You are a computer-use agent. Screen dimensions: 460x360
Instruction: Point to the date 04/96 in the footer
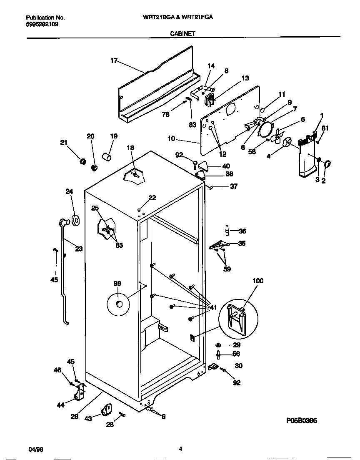click(36, 449)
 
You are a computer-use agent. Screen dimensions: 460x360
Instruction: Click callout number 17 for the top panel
click(114, 60)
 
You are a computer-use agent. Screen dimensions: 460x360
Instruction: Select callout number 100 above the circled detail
click(258, 281)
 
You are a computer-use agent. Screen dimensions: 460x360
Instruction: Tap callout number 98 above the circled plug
click(117, 284)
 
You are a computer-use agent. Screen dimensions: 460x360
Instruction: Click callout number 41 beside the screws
click(213, 308)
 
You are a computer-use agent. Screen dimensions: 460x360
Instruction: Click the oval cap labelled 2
click(326, 163)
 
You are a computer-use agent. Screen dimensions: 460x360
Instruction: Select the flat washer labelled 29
click(218, 345)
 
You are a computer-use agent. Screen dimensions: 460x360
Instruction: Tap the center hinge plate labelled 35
click(217, 246)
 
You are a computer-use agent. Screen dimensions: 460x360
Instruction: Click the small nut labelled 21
click(82, 161)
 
